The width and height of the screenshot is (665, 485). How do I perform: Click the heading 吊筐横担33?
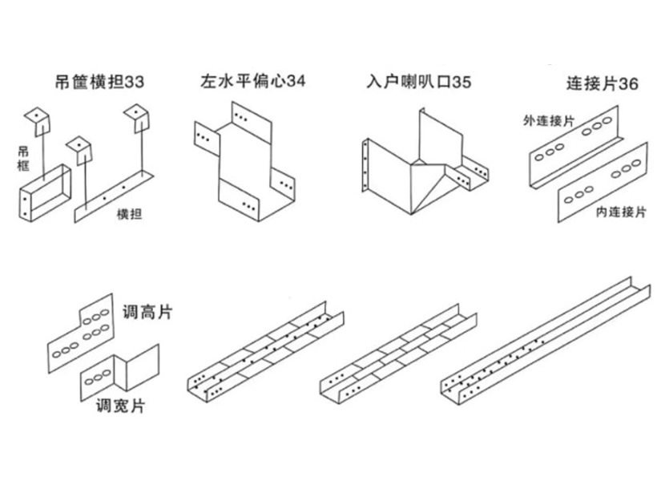[x=101, y=82]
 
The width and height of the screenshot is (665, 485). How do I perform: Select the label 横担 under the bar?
[x=128, y=213]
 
